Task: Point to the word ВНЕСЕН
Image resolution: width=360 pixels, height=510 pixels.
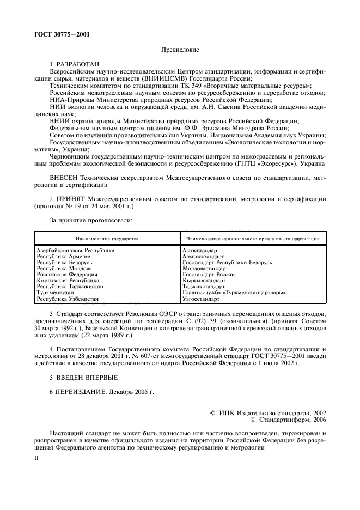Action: click(65, 177)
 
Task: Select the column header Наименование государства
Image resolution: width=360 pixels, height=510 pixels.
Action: click(107, 239)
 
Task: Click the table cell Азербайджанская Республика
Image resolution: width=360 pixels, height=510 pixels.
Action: click(76, 250)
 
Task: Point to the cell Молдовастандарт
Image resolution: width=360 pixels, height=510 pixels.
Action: click(205, 268)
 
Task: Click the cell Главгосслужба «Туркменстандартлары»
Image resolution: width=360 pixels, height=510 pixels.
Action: click(234, 292)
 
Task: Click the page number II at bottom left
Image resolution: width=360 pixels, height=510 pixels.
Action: click(37, 459)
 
